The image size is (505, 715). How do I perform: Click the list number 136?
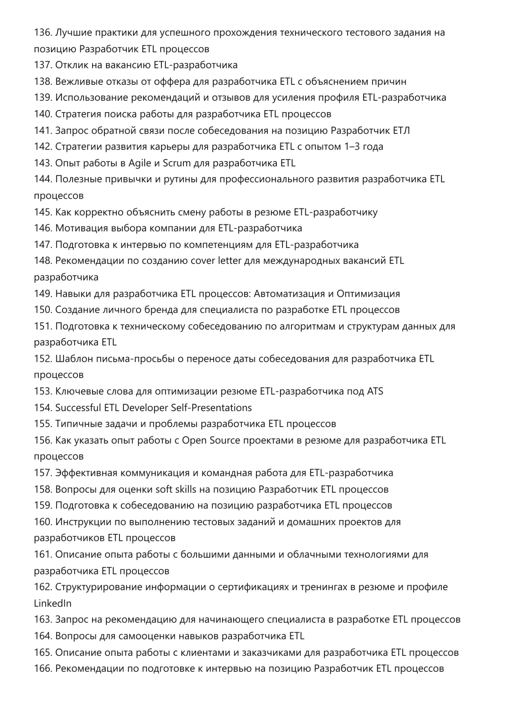pyautogui.click(x=43, y=33)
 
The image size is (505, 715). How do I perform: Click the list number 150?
pyautogui.click(x=43, y=310)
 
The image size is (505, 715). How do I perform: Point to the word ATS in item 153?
pyautogui.click(x=375, y=391)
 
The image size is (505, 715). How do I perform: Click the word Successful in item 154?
pyautogui.click(x=78, y=407)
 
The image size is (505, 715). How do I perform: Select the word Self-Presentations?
pyautogui.click(x=211, y=407)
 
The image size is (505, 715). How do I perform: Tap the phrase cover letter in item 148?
pyautogui.click(x=216, y=261)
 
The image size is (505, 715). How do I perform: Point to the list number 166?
pyautogui.click(x=43, y=669)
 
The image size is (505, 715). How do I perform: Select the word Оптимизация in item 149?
pyautogui.click(x=368, y=294)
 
